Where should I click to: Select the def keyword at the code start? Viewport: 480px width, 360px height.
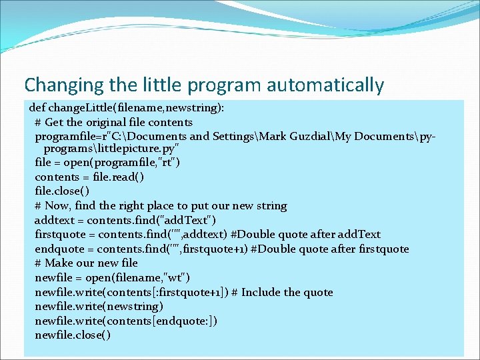click(x=37, y=107)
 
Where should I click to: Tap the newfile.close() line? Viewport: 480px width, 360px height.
click(x=73, y=335)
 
